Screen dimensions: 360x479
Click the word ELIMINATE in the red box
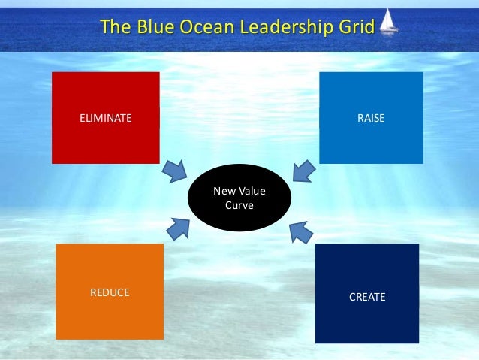pos(105,118)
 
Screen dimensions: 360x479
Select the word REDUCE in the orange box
pos(110,292)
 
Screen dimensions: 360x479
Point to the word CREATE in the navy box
pos(367,297)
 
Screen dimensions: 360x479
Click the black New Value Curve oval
pos(239,198)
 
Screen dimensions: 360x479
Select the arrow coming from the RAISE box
pos(303,171)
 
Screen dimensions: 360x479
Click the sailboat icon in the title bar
pos(389,23)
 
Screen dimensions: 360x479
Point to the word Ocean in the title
pos(191,29)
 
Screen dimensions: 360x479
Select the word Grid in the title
pos(356,29)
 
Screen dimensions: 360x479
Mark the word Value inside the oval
pos(252,192)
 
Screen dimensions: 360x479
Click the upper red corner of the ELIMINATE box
pos(54,74)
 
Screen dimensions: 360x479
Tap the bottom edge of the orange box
pos(110,337)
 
